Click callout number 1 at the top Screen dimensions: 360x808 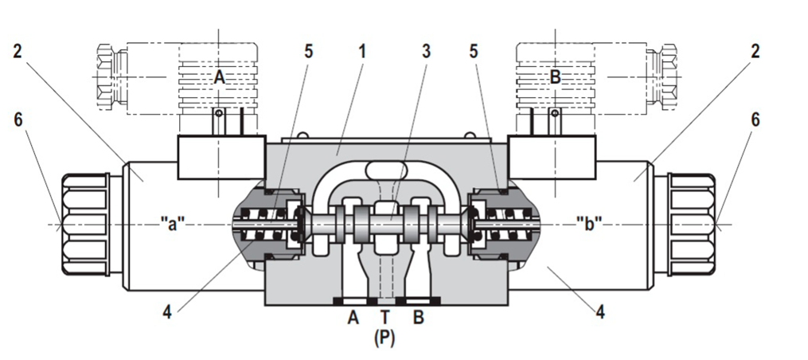[x=362, y=52]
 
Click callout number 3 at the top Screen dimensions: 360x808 [x=427, y=52]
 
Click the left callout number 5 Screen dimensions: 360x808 [x=309, y=52]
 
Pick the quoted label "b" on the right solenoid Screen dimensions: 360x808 [x=588, y=223]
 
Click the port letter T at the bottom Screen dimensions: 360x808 [x=384, y=316]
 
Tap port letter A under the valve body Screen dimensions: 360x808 [x=353, y=316]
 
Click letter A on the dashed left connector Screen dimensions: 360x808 [x=220, y=76]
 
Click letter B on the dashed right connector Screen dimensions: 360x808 [x=556, y=76]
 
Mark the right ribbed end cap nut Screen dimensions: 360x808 [x=691, y=224]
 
